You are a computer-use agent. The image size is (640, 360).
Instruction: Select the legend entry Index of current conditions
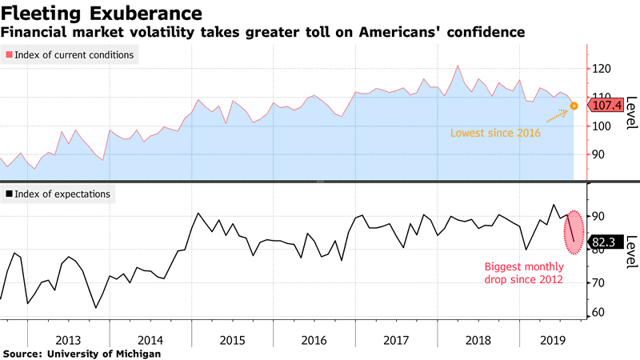pos(70,54)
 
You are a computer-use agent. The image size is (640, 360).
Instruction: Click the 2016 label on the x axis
pos(314,339)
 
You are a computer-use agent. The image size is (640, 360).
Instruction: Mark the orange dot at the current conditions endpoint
pos(574,105)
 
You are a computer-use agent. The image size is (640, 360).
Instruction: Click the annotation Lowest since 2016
pos(496,133)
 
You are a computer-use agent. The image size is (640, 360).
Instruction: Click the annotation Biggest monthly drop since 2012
pos(524,274)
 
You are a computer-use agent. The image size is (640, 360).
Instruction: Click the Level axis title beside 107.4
pos(631,113)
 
